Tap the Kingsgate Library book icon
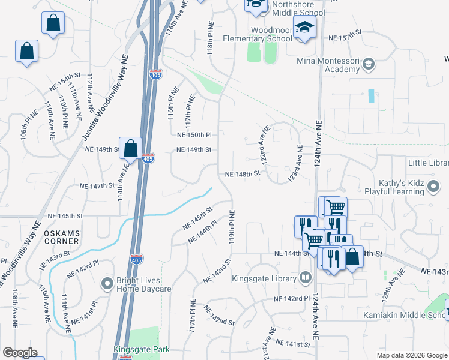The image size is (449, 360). pos(306,278)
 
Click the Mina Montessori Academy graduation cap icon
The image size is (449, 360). pos(369,64)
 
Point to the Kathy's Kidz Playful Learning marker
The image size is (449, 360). pos(433,188)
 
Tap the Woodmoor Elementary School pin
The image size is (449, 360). pos(305,28)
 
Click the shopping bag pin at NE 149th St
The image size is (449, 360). pos(130,149)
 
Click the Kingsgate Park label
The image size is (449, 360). pos(142,349)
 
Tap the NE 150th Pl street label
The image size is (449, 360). pos(194,135)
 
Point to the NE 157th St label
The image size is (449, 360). pos(345,38)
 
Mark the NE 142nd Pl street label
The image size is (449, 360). pos(292,298)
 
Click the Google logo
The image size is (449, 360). pos(20,353)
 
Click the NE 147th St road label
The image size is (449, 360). pos(97,186)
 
